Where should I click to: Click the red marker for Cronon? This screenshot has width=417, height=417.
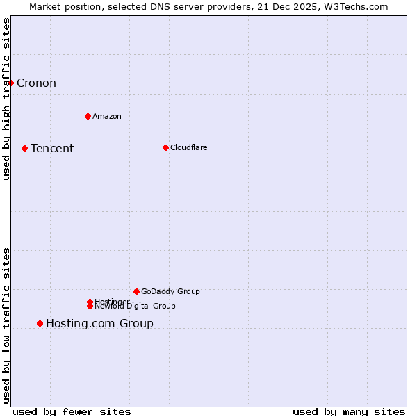pyautogui.click(x=10, y=83)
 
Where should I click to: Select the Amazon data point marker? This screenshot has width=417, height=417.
pyautogui.click(x=88, y=116)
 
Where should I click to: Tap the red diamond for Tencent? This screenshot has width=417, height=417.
pyautogui.click(x=24, y=148)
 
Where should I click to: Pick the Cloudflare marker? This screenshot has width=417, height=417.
pyautogui.click(x=165, y=147)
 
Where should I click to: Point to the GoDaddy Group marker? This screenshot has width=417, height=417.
pyautogui.click(x=136, y=291)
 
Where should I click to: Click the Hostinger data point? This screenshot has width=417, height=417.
pyautogui.click(x=90, y=302)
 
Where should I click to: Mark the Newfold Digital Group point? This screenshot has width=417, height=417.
pyautogui.click(x=90, y=306)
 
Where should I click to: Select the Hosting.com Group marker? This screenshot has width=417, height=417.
pyautogui.click(x=40, y=323)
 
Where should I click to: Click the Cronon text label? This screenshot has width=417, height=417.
pyautogui.click(x=36, y=83)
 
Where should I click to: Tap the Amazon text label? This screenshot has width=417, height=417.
pyautogui.click(x=106, y=116)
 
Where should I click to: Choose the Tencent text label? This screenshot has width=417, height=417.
pyautogui.click(x=52, y=148)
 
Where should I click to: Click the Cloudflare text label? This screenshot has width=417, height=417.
pyautogui.click(x=188, y=147)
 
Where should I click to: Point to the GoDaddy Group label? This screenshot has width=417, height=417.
pyautogui.click(x=170, y=291)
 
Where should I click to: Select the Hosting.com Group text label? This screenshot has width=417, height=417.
pyautogui.click(x=99, y=323)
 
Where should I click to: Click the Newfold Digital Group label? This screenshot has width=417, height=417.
pyautogui.click(x=136, y=306)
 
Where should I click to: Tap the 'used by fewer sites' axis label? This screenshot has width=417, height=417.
pyautogui.click(x=72, y=411)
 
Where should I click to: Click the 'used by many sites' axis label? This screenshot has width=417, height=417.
pyautogui.click(x=349, y=411)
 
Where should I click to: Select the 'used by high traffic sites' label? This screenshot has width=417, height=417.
pyautogui.click(x=6, y=99)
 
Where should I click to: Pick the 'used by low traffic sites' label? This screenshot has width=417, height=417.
pyautogui.click(x=6, y=325)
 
